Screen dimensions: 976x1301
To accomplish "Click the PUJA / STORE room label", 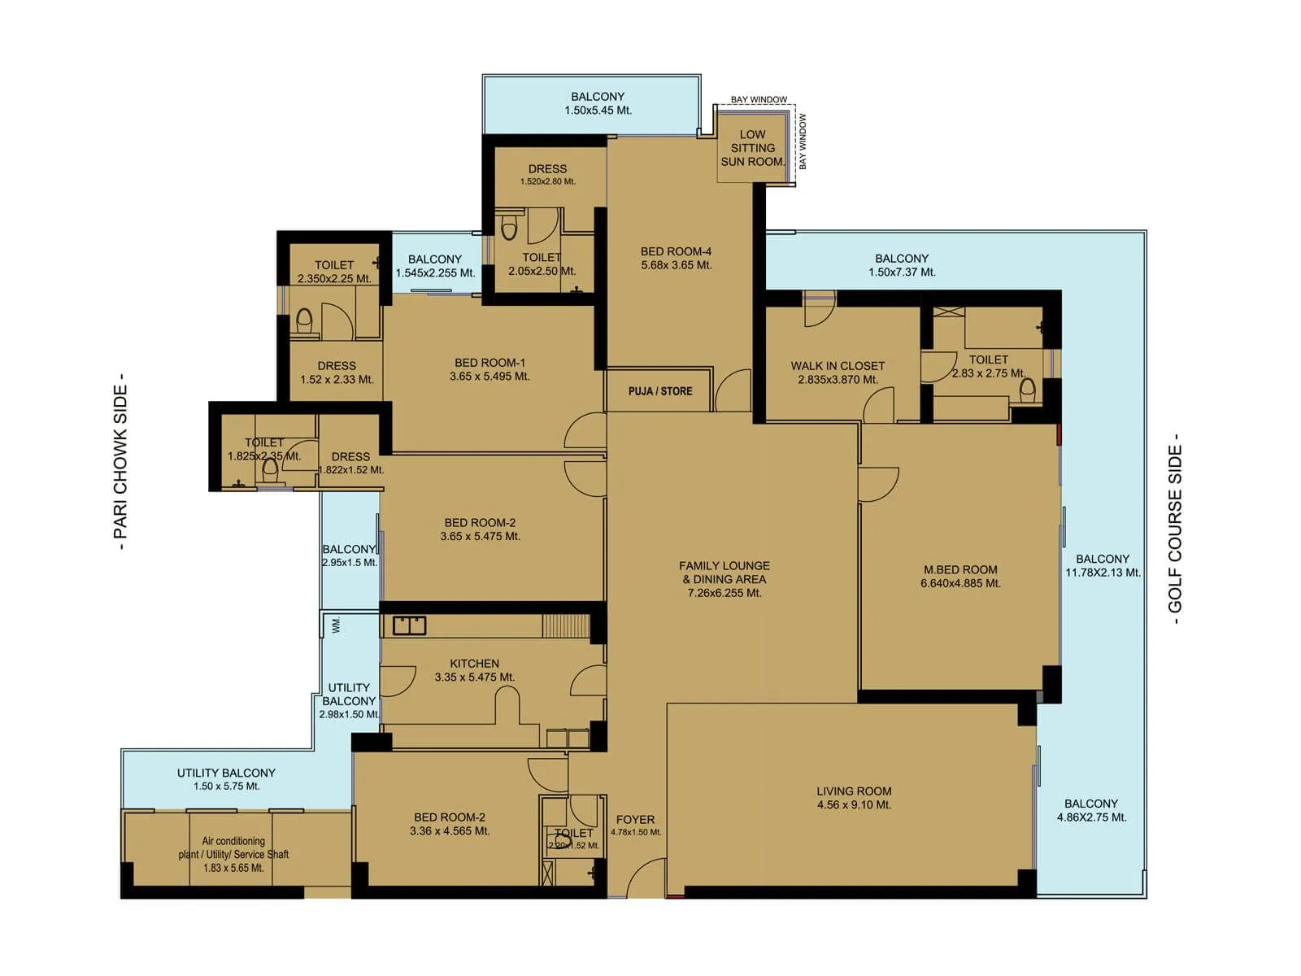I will click(x=660, y=391).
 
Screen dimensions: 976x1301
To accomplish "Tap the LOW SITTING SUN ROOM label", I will click(x=752, y=148).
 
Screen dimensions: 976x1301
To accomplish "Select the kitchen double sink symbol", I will click(x=409, y=625).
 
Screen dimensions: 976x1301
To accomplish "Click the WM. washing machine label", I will click(x=337, y=625).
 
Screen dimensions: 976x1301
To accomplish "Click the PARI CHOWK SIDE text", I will click(x=120, y=461).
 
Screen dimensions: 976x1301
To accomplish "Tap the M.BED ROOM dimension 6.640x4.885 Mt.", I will click(x=960, y=583).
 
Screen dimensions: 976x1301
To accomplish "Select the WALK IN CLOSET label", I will click(x=838, y=366).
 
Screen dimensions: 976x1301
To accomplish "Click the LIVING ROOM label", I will click(x=854, y=791).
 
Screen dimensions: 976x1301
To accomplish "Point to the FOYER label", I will click(x=635, y=820).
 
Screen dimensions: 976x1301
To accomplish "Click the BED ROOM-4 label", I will click(x=676, y=251).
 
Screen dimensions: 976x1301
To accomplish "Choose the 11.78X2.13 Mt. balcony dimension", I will click(x=1103, y=573).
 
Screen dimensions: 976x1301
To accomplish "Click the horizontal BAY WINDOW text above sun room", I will click(x=759, y=99).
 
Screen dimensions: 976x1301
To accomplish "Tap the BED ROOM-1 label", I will click(x=490, y=363).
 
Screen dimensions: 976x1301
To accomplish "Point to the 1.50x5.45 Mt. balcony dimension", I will click(x=598, y=111).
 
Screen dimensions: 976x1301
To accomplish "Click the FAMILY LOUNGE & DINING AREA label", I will click(x=724, y=573).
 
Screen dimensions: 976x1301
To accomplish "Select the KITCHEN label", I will click(x=474, y=664).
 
